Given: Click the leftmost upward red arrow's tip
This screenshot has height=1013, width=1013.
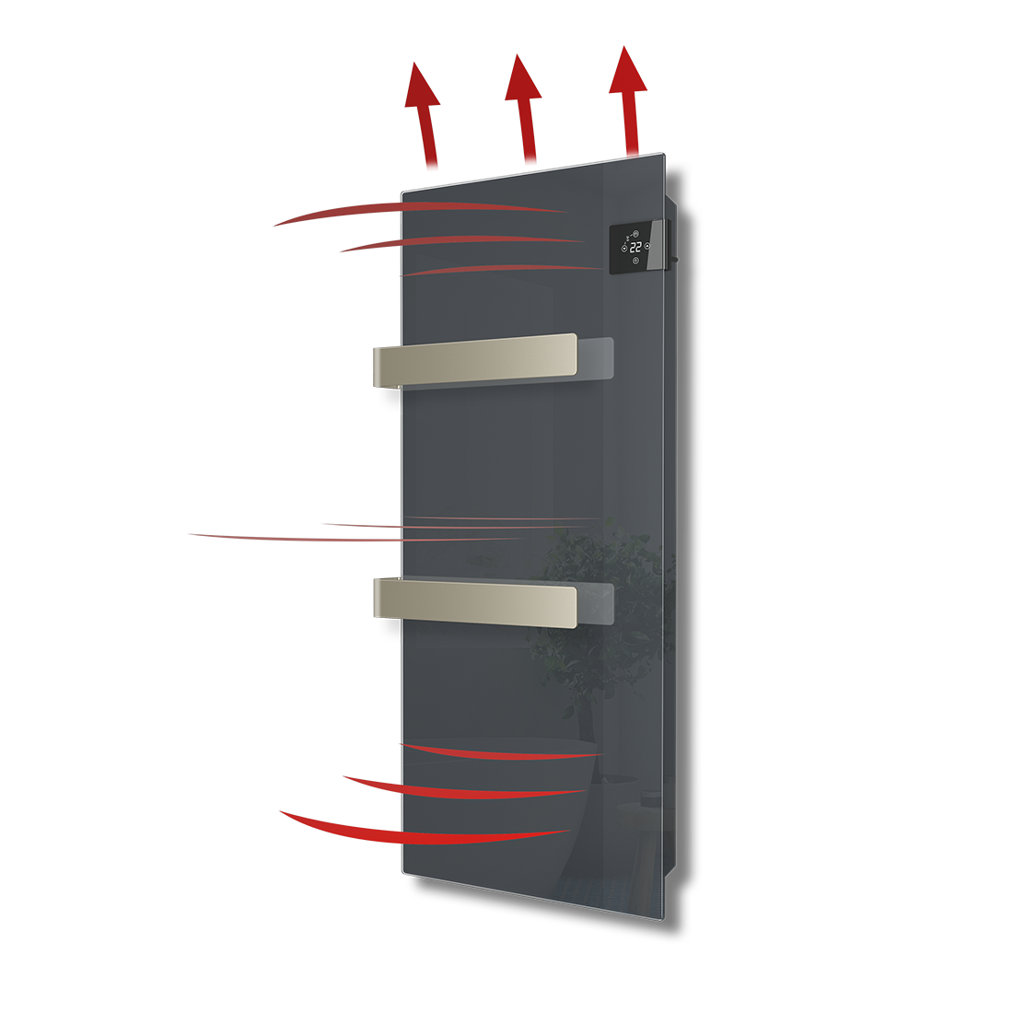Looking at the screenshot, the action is click(x=414, y=62).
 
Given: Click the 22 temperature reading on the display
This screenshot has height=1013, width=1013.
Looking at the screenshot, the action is click(x=635, y=247).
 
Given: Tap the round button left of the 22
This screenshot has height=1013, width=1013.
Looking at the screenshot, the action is click(x=624, y=248).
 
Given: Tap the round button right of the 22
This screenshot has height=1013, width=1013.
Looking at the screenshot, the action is click(x=647, y=246).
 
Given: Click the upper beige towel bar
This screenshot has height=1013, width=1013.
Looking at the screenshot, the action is click(x=475, y=360).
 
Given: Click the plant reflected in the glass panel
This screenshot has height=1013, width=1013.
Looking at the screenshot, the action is click(x=591, y=620).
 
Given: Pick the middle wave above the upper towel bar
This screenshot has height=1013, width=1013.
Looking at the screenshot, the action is click(x=462, y=241).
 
